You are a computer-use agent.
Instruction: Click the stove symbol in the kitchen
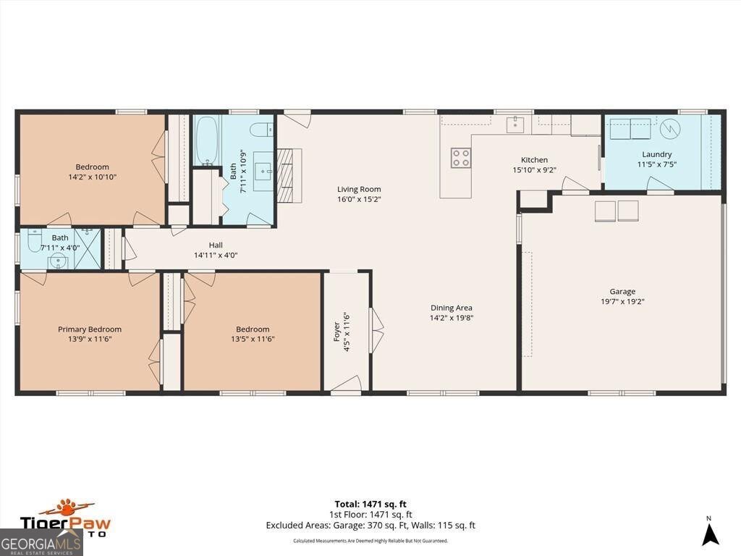tap(461, 158)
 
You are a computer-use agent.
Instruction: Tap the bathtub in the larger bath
tap(206, 140)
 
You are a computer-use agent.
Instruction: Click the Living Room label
tap(359, 190)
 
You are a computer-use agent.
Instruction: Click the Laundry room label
tap(656, 154)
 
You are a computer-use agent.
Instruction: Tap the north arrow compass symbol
tap(711, 533)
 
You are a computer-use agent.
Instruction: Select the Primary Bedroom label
tap(85, 329)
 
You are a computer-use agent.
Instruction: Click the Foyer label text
tap(336, 332)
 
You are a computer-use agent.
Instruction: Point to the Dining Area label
tap(451, 308)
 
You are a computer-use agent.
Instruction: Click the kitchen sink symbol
tap(515, 125)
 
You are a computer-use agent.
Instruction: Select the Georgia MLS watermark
tap(41, 542)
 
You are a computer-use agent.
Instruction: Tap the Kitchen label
tap(535, 160)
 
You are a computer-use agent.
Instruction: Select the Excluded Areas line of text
tap(370, 526)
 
